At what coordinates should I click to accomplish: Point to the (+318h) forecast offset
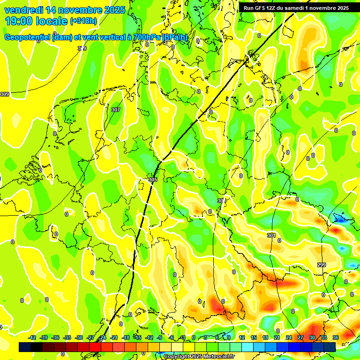pos(83,21)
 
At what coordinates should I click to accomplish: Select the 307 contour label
pos(116,110)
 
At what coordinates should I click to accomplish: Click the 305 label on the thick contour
pos(153,180)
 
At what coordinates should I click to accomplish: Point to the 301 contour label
pos(271,235)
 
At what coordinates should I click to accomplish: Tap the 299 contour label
pos(321,265)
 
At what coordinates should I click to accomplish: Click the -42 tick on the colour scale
pos(32,338)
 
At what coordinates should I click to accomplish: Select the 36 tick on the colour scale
pos(336,338)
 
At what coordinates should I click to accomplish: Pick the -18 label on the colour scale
pos(126,338)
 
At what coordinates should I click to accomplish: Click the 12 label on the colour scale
pos(242,338)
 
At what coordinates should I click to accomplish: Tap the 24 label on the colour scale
pos(289,338)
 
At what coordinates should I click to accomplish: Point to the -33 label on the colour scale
pos(67,338)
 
